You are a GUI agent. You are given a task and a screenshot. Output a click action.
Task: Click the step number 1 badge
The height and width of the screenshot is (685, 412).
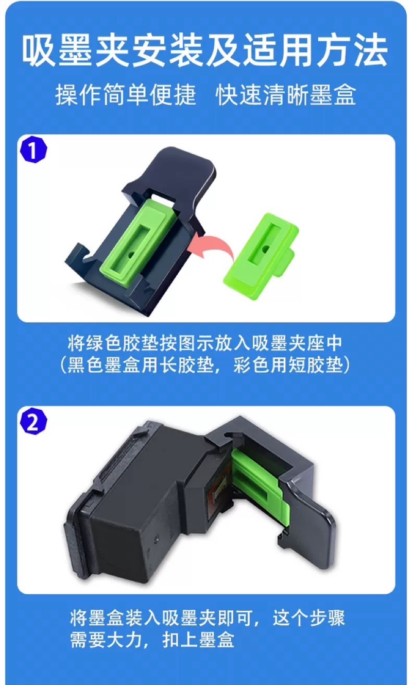(33, 150)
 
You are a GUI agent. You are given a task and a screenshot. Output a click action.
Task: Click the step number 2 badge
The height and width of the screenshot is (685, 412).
(33, 422)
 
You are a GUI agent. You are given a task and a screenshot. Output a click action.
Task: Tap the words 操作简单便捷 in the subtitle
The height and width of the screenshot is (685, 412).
(125, 95)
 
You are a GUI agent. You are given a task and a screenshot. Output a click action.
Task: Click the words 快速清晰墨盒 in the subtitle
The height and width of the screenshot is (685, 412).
(286, 95)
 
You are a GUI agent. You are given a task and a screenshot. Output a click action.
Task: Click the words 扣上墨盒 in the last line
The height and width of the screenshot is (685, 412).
(198, 640)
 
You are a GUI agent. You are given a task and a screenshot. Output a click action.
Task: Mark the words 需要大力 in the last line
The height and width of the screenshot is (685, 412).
(106, 640)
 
